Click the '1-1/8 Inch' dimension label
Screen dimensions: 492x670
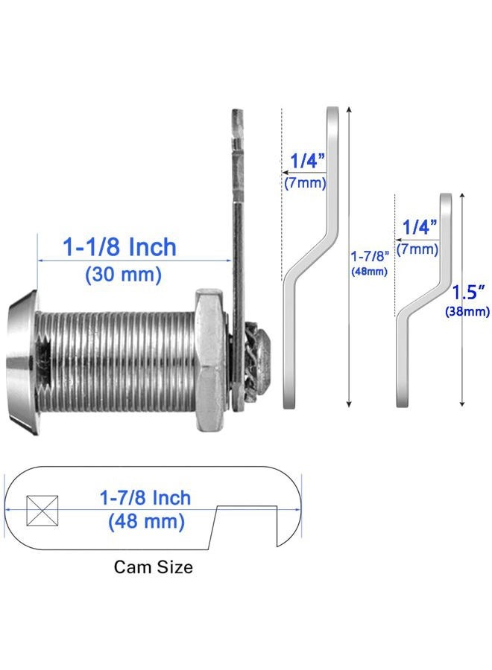click(119, 247)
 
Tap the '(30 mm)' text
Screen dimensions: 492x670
click(123, 274)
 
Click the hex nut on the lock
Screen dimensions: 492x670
click(209, 360)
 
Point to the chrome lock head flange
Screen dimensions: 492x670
click(22, 363)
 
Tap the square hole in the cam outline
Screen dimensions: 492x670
click(42, 510)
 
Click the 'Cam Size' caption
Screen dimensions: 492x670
click(153, 567)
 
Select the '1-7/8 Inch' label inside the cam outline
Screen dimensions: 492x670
click(145, 498)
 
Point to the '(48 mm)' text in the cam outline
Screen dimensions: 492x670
click(146, 521)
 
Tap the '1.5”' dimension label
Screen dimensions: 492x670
click(469, 293)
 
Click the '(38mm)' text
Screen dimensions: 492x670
click(467, 311)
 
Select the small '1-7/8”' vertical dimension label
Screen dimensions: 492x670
click(370, 256)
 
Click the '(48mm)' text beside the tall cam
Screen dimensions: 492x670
click(369, 271)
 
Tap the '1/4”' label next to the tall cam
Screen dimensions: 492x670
click(308, 161)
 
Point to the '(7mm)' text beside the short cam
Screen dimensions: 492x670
click(417, 249)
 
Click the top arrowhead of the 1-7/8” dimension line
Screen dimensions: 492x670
click(349, 109)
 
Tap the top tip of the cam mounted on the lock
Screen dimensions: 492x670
click(238, 110)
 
